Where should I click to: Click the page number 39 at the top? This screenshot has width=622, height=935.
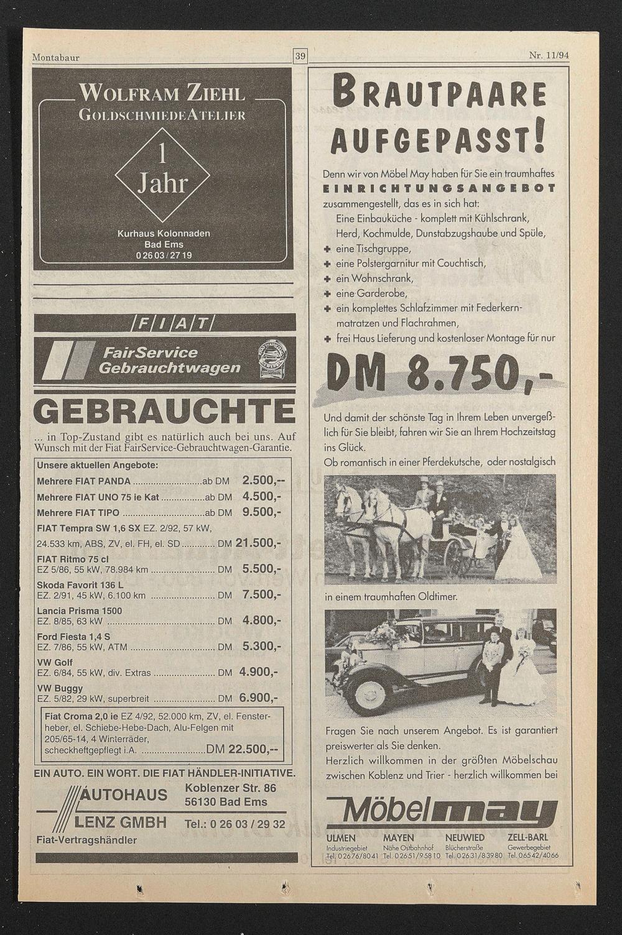(x=300, y=57)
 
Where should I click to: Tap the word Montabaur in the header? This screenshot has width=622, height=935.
(x=55, y=58)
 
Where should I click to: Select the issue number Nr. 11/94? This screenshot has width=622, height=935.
(x=549, y=55)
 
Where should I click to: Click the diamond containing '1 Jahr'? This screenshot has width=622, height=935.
(x=162, y=175)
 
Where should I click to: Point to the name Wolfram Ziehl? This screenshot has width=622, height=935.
(x=162, y=94)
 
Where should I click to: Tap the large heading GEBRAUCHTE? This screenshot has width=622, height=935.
(x=165, y=412)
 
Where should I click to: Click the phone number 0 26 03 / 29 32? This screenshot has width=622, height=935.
(x=235, y=824)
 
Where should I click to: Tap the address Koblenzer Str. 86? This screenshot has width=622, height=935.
(x=231, y=788)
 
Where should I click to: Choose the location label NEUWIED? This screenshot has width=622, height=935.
(x=465, y=837)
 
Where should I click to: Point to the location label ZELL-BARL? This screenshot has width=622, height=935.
(x=527, y=837)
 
